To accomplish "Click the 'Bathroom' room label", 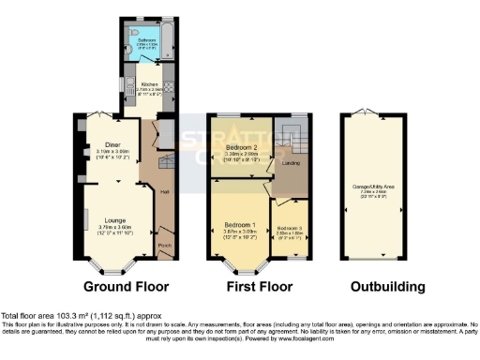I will point(148,41).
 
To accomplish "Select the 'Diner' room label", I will point(112,145).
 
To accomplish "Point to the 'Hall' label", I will point(164,192).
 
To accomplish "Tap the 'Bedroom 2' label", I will point(240,148).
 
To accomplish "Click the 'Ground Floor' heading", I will point(124,286).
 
